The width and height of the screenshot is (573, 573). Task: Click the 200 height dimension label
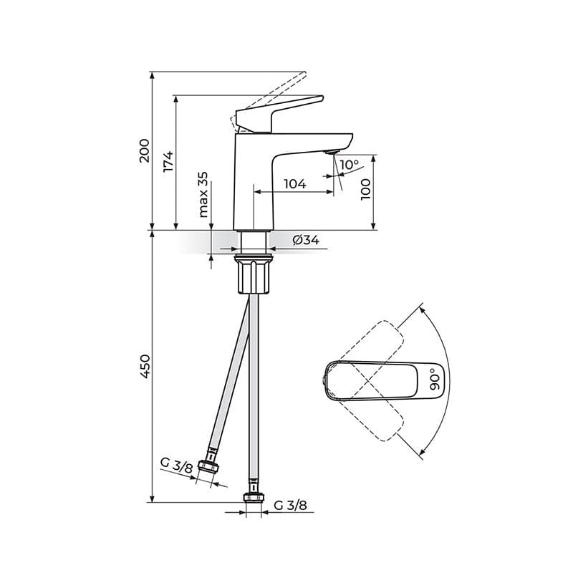pos(145,150)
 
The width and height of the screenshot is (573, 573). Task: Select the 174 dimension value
pos(168,161)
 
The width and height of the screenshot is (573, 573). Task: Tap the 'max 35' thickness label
pos(203,195)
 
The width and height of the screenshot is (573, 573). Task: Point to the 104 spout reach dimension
pos(295,184)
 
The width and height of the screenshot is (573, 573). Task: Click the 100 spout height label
pos(365,189)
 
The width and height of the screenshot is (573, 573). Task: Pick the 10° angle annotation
pos(350,165)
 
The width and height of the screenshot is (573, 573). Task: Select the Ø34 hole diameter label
pos(306,240)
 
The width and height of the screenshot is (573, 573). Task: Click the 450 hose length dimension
pos(145,366)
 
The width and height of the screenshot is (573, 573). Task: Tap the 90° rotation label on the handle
pos(435,379)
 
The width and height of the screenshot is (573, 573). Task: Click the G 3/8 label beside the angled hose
pos(176,466)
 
